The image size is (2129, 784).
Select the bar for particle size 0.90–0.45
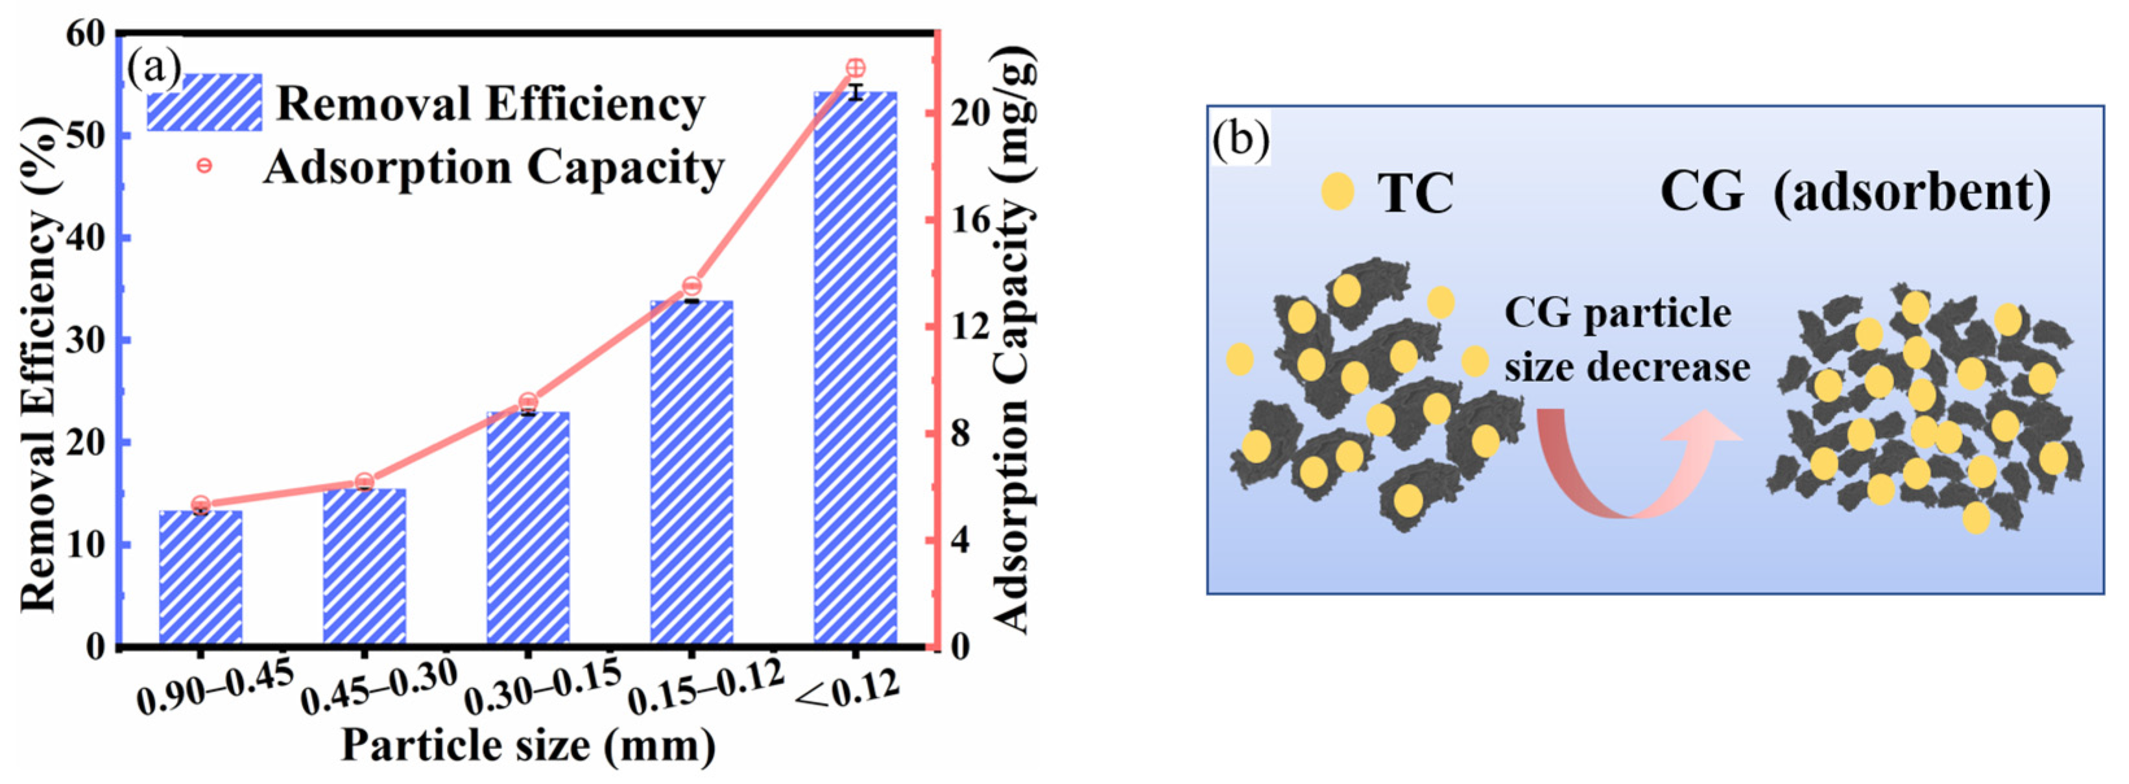pos(201,578)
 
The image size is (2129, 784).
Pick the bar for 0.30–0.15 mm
pos(528,529)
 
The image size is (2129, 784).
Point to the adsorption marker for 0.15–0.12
pos(692,287)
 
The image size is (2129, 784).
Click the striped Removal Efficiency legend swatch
pos(204,102)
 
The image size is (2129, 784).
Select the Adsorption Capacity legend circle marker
pos(204,165)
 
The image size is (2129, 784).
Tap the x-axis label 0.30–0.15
pos(542,688)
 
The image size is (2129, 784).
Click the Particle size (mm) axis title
pos(528,745)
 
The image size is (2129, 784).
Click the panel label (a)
pos(154,69)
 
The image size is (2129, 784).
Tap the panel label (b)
pos(1240,141)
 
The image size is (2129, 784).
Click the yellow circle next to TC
pos(1337,192)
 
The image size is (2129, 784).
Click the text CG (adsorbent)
pos(1855,192)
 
